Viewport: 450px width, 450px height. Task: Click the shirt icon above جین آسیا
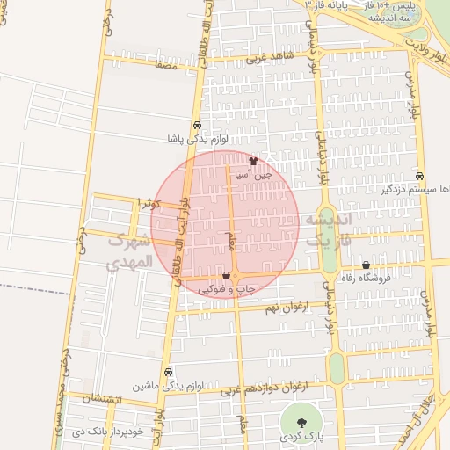coord(255,161)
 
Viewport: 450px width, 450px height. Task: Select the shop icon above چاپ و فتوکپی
coord(228,275)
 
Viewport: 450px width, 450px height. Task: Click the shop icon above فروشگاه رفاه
coord(366,265)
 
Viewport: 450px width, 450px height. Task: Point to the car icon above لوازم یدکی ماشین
coord(169,372)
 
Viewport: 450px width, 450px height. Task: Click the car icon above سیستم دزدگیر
coord(420,175)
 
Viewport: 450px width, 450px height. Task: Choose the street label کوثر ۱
coord(145,203)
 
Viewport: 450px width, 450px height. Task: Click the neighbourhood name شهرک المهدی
coord(128,251)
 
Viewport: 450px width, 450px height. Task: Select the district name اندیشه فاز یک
coord(328,229)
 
